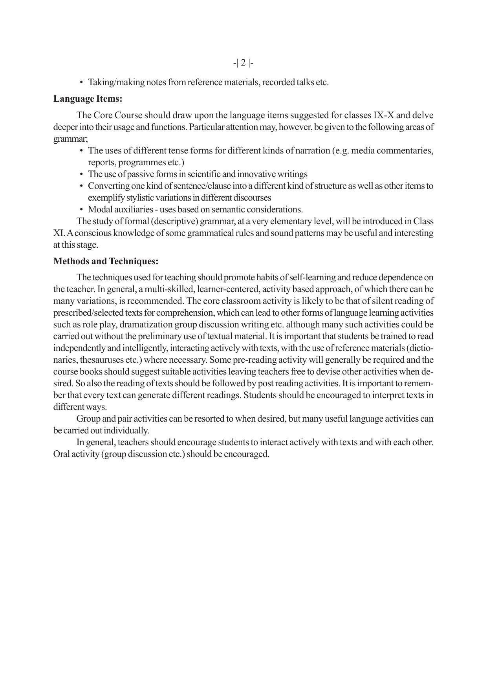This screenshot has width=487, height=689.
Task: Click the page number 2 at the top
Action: pos(243,63)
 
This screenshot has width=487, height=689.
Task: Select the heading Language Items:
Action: pos(88,99)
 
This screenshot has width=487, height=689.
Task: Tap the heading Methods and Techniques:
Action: pos(106,261)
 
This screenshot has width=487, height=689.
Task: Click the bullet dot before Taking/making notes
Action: pos(81,82)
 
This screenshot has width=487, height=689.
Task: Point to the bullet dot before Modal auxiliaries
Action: pos(81,210)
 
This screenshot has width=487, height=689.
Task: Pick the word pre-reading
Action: pos(251,360)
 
